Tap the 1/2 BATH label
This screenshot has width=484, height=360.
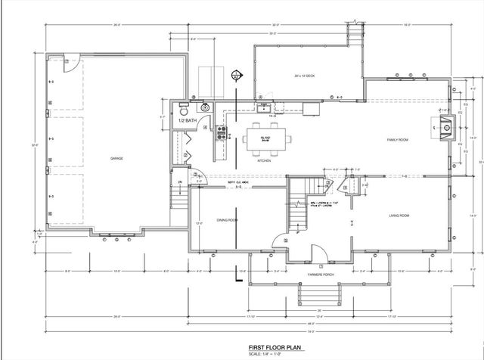tap(186, 120)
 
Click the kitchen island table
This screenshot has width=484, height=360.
tap(265, 138)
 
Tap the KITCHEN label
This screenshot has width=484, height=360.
tap(264, 161)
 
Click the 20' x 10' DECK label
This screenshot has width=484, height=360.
tap(305, 76)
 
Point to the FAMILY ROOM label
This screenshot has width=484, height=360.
tap(398, 141)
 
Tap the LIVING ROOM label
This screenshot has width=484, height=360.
tap(399, 216)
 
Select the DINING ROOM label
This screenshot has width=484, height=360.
tap(228, 220)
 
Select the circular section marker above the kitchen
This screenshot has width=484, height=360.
tap(237, 76)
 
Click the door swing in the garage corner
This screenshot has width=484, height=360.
tap(68, 62)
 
